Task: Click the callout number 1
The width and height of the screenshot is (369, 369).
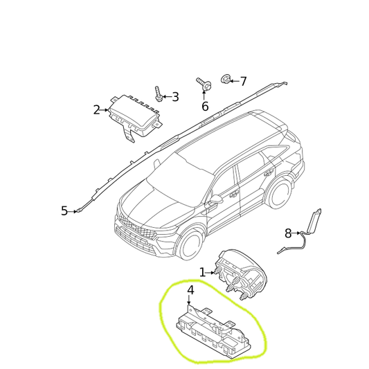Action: click(202, 273)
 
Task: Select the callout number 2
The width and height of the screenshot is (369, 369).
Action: click(96, 110)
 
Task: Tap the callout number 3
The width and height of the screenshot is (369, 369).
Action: click(175, 97)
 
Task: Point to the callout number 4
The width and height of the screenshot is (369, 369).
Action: click(190, 290)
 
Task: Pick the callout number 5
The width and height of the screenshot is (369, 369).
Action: click(64, 211)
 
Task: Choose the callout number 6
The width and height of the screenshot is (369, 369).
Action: click(205, 106)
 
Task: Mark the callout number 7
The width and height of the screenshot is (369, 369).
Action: click(243, 82)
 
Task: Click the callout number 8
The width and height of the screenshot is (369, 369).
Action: click(288, 233)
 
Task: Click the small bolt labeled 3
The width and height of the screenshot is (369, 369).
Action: click(158, 94)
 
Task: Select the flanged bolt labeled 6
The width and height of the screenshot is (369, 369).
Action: click(204, 84)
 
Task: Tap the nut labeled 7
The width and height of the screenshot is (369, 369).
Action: click(226, 79)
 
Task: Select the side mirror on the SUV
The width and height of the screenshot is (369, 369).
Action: click(216, 199)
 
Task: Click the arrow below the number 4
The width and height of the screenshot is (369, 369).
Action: click(188, 300)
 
